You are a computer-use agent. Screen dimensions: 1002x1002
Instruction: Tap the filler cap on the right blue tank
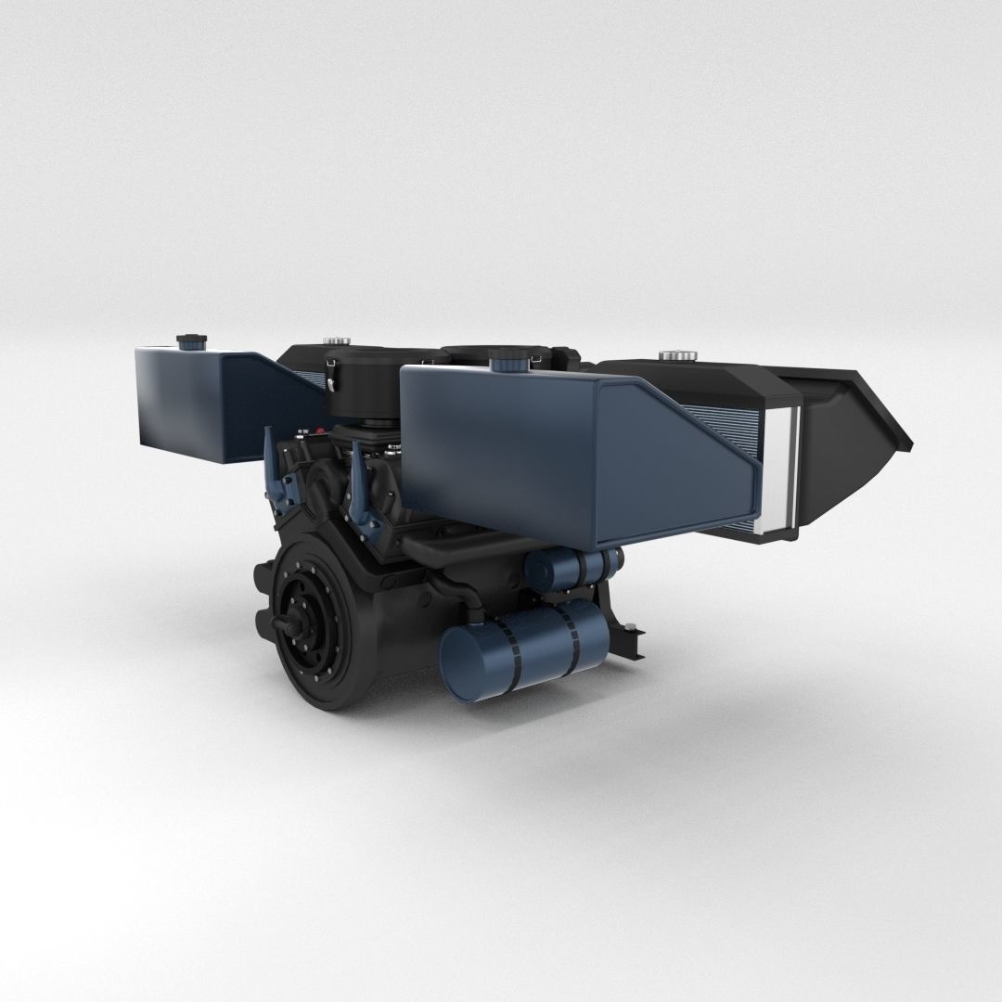click(507, 357)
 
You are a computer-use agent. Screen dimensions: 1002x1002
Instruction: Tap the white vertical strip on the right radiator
click(790, 469)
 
